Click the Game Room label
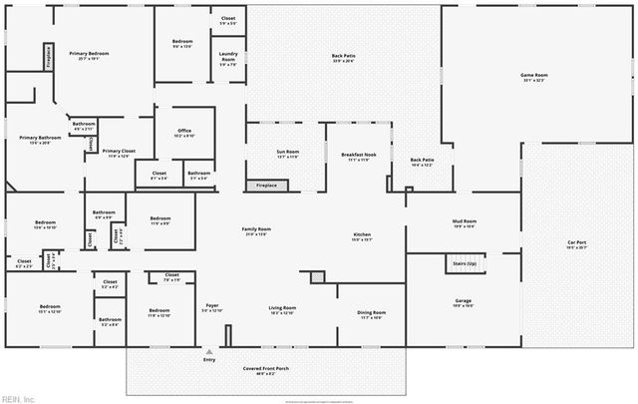535,76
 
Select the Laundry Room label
228,60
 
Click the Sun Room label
288,153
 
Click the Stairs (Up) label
463,263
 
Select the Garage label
463,301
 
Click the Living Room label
282,309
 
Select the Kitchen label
362,235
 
